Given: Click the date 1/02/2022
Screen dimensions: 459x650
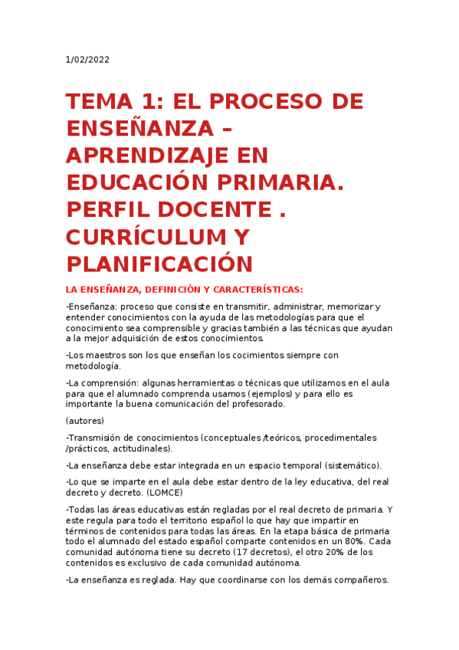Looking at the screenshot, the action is (x=87, y=61).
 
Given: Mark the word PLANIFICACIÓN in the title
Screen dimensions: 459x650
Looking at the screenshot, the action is (x=159, y=264).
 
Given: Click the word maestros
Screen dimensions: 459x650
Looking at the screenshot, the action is (x=103, y=356).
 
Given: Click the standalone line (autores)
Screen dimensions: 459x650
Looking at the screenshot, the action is (x=85, y=421).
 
